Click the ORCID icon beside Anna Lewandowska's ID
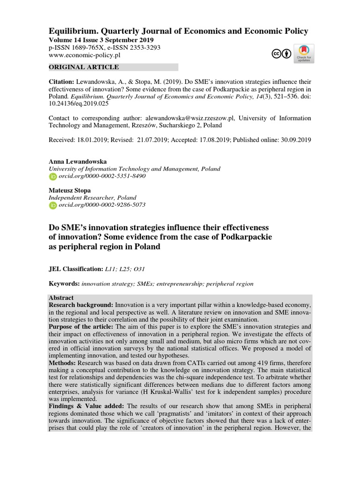(x=52, y=176)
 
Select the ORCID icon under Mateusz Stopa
(x=52, y=205)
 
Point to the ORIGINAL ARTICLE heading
(x=83, y=67)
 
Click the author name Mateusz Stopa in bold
(x=70, y=190)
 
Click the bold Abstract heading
(x=61, y=298)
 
